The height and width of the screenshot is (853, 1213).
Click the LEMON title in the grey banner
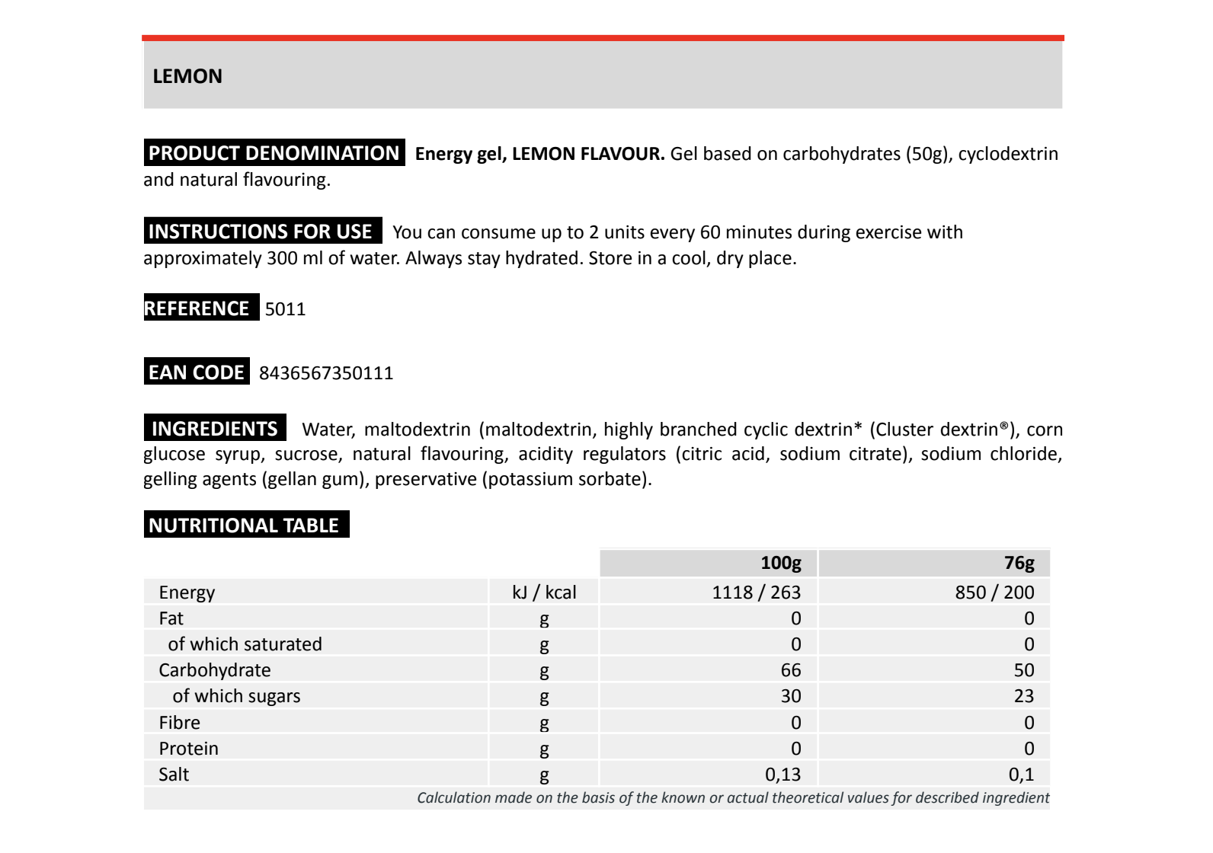tap(187, 76)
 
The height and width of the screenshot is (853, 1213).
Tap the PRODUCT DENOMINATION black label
tap(274, 153)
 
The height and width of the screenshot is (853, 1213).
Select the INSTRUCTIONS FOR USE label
tap(261, 232)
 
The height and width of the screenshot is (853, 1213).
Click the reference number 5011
tap(285, 309)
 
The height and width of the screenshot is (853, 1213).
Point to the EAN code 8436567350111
tap(326, 373)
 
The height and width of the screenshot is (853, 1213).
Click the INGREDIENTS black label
tap(215, 429)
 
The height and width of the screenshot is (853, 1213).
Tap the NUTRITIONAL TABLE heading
tap(244, 526)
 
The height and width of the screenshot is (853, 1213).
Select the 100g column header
tap(780, 564)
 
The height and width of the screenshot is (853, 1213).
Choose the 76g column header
tap(1019, 564)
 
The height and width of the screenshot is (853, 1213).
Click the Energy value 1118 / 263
tap(756, 593)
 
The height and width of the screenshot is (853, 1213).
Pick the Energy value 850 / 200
tap(994, 593)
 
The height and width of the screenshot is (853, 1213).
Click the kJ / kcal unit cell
tap(544, 593)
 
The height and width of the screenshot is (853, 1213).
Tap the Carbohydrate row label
tap(215, 670)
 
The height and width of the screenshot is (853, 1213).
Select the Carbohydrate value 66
tap(791, 670)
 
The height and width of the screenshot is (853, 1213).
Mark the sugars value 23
tap(1024, 696)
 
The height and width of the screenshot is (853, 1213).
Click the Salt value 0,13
tap(783, 775)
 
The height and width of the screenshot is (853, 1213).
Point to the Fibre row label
tap(180, 722)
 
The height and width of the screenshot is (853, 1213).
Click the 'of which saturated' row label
tap(245, 644)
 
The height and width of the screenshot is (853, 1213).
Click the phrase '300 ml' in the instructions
tap(294, 258)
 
